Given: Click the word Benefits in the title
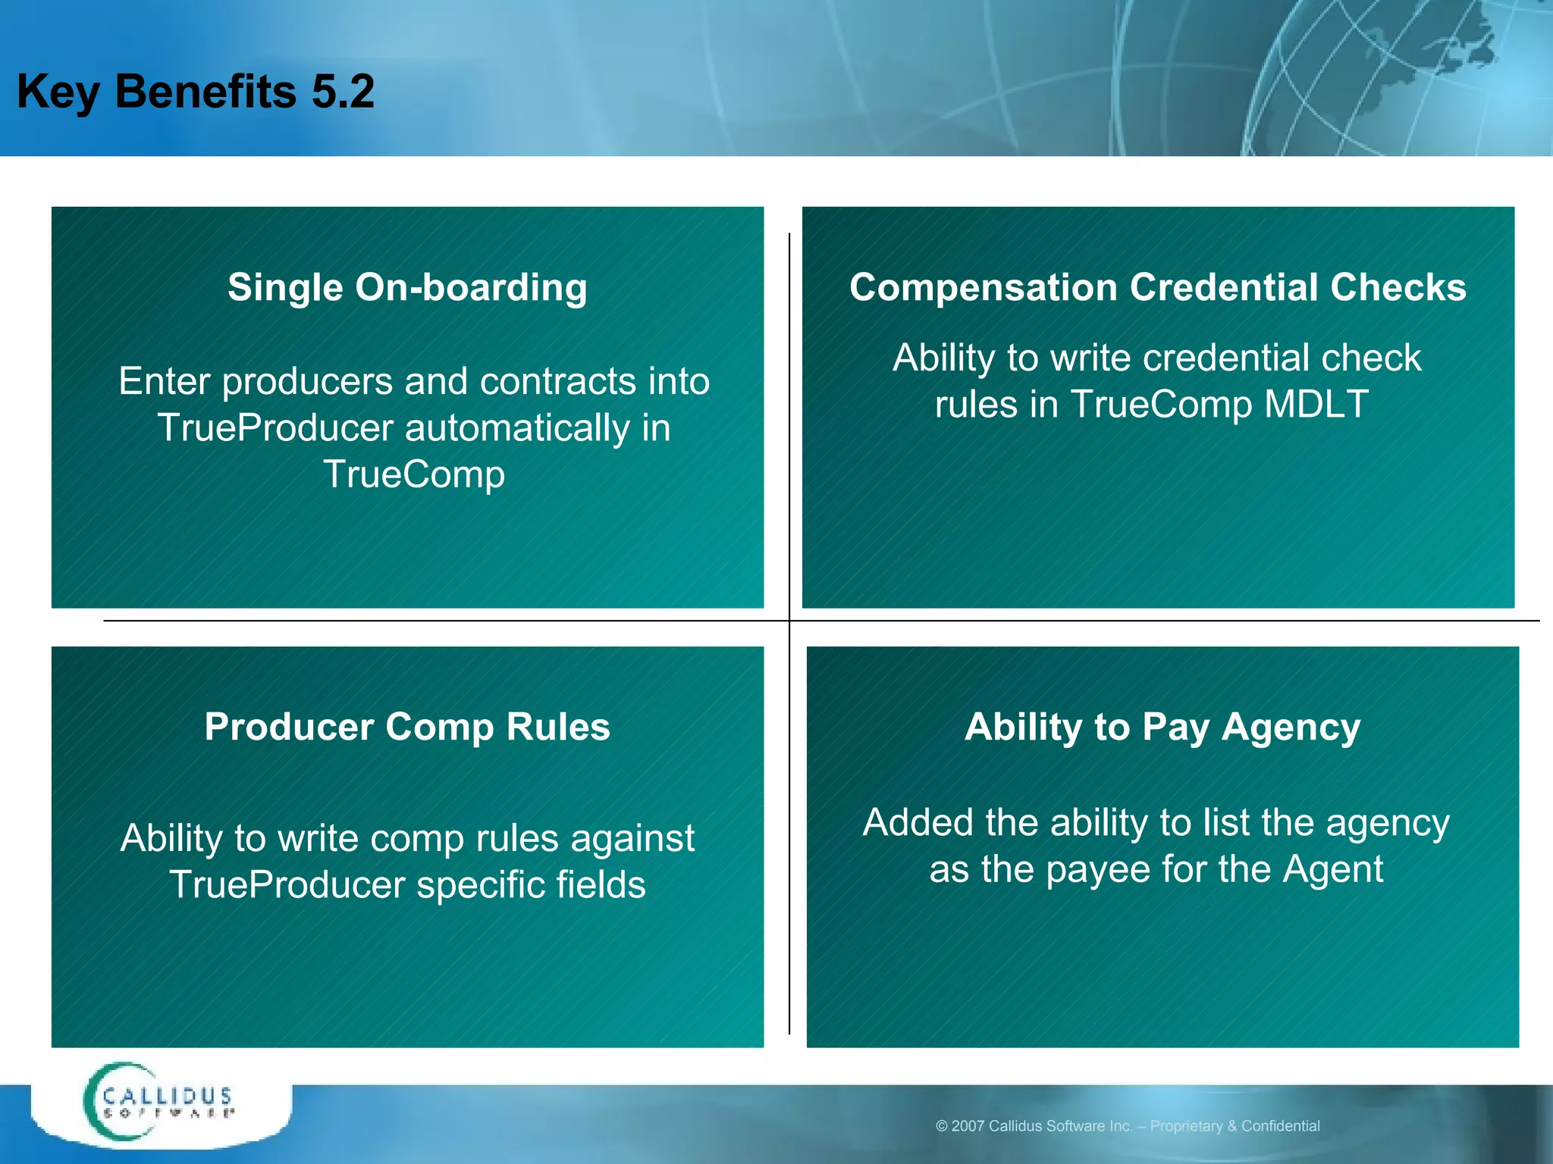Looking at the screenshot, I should [x=205, y=92].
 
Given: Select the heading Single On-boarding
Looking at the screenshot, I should [x=407, y=288].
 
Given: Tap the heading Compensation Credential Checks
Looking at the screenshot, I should [x=1157, y=288].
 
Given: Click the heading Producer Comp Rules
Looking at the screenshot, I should [x=407, y=727].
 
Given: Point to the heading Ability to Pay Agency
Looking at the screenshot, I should [x=1162, y=727].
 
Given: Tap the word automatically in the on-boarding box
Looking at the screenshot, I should [x=517, y=428].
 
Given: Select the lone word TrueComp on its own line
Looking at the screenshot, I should [x=414, y=475].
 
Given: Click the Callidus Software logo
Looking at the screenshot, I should [x=159, y=1103].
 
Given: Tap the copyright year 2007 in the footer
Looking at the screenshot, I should [x=967, y=1126].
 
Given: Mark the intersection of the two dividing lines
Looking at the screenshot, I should [x=789, y=621].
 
